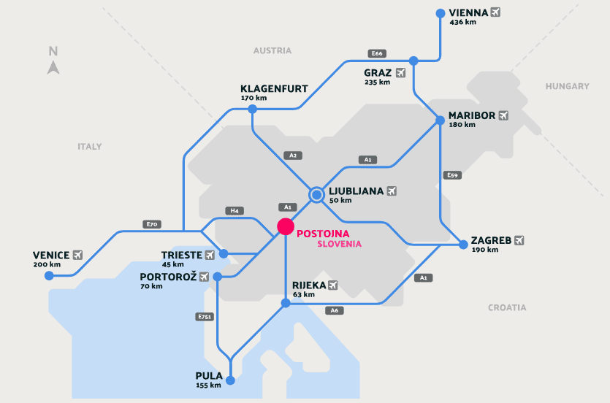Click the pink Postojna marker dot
(x=286, y=226)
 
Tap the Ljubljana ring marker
(x=316, y=194)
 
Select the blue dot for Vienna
(x=440, y=13)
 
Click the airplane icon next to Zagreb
(x=519, y=239)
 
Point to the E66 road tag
(x=377, y=53)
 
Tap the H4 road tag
(x=235, y=210)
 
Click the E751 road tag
(x=205, y=317)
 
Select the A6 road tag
(x=335, y=310)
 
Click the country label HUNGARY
(x=567, y=86)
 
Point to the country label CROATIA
(x=507, y=307)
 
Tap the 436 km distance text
(x=463, y=22)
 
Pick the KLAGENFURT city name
(x=274, y=88)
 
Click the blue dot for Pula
(x=231, y=380)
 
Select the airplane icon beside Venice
(x=77, y=255)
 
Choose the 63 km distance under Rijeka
(x=303, y=295)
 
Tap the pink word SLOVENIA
(x=340, y=244)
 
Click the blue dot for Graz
(x=413, y=61)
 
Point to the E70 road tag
(x=152, y=224)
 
